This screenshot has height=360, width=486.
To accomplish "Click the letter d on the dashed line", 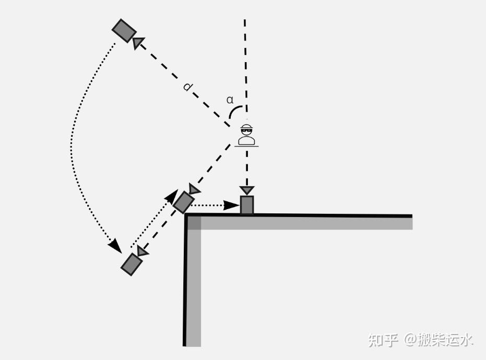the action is pos(187,87).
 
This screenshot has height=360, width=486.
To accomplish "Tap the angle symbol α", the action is pos(230,100).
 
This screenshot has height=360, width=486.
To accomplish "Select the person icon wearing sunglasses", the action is pos(246,135).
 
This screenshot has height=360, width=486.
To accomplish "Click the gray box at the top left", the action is pos(124,31).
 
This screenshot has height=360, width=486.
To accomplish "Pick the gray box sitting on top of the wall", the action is pos(247,205).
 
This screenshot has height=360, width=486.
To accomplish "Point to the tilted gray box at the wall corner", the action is pos(183,202).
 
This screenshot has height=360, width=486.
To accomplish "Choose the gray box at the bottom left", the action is pos(132,265).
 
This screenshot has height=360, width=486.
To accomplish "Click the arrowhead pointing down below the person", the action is pos(247,190).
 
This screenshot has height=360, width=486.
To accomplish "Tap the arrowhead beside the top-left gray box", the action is pos(138,43).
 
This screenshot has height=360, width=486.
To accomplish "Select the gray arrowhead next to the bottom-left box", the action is pos(141,251).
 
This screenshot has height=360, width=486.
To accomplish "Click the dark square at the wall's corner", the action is pos(194,223).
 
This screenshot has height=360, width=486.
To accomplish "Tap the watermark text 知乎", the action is pos(383,340).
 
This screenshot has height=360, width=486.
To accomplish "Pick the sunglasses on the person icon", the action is pos(246,131).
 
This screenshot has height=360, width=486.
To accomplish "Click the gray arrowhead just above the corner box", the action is pos(194,188).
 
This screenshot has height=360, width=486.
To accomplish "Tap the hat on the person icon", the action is pos(246,126).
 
